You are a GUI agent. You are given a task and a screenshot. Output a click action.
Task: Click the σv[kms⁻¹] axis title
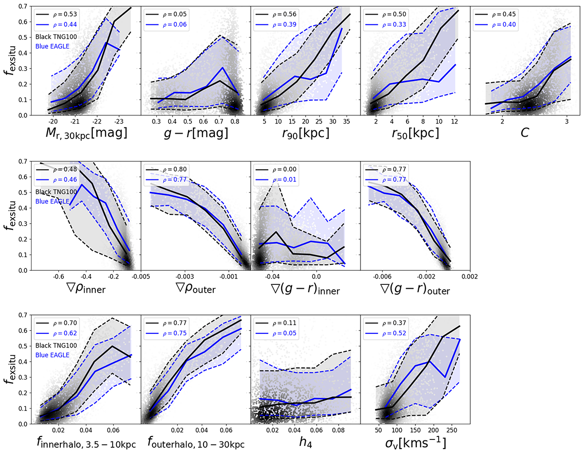(415, 442)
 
